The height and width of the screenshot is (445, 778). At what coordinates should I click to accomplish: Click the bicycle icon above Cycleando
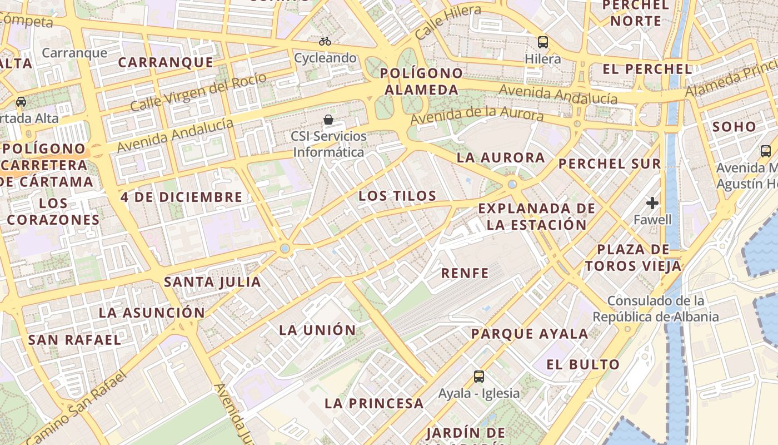coord(325,41)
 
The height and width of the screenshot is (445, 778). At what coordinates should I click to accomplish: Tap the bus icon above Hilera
coord(542,42)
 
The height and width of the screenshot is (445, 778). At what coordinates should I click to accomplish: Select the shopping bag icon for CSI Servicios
coord(329,120)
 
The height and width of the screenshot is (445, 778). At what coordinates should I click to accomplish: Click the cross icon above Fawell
coord(652,203)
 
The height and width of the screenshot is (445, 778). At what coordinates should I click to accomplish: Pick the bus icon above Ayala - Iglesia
coord(479,376)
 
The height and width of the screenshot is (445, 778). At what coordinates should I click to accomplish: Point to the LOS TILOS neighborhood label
coord(397,196)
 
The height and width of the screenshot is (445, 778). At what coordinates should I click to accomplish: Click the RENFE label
coord(465,273)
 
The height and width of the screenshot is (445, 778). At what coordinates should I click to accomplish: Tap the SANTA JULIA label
coord(212,282)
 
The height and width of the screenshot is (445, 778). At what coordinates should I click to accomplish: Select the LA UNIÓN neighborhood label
coord(317,330)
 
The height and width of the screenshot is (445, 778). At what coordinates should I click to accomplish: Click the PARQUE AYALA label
coord(530,334)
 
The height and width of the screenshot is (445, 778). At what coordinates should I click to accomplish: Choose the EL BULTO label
coord(583,365)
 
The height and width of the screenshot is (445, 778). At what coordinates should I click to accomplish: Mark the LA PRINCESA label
coord(374,403)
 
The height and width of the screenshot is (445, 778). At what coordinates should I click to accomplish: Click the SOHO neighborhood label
coord(734,127)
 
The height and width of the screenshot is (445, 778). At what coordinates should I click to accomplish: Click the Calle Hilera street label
coord(448,22)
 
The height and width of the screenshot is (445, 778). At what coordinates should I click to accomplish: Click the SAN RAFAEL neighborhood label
coord(74,340)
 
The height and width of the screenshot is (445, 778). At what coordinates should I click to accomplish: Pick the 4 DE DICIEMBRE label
coord(182,197)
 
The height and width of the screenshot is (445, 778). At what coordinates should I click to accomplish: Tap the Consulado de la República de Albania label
coord(656,309)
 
